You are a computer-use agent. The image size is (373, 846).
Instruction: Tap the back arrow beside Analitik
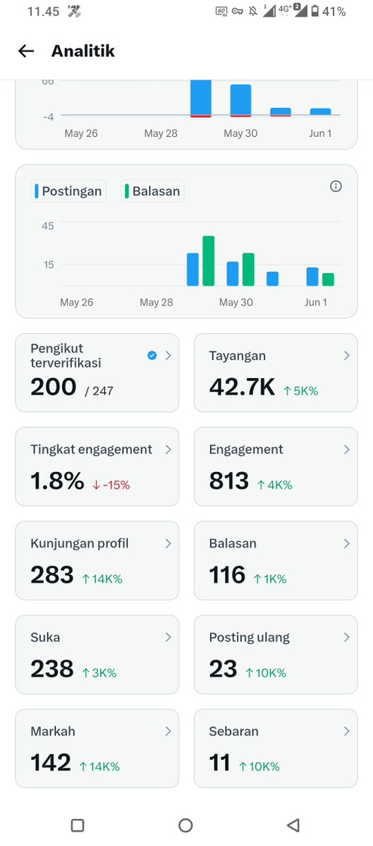click(26, 52)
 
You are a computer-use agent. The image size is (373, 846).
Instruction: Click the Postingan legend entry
click(68, 191)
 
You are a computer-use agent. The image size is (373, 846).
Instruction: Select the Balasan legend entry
click(152, 191)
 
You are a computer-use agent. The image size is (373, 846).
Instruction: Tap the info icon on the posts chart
click(336, 187)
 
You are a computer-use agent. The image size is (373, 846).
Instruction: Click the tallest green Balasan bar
click(209, 260)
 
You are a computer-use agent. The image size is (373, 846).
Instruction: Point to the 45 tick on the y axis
click(48, 226)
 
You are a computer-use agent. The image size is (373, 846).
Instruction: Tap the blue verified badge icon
click(152, 356)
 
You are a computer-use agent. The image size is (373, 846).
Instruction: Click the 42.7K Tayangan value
click(242, 387)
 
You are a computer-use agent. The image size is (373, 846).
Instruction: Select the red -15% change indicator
click(111, 485)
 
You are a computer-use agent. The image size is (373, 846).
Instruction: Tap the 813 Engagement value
click(229, 481)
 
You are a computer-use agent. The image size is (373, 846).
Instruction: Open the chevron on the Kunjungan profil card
click(169, 543)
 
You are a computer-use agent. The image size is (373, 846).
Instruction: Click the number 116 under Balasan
click(227, 575)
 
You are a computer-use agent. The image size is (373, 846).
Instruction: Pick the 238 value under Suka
click(51, 669)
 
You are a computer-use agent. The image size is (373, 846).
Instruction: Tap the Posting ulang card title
click(250, 638)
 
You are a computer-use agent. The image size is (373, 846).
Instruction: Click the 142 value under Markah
click(51, 763)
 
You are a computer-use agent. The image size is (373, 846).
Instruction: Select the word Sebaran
click(234, 732)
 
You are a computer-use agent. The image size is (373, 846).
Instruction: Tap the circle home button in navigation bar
click(185, 825)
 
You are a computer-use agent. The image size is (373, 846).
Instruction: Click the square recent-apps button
click(78, 825)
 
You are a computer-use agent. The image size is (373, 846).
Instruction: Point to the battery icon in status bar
click(314, 11)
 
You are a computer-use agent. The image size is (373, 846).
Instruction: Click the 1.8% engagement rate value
click(57, 481)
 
